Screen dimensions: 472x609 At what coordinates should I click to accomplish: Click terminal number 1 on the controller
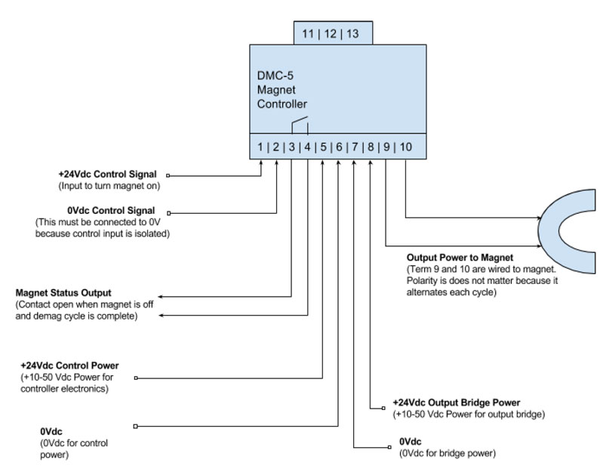point(260,147)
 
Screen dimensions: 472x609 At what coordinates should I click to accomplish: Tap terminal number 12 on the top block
point(331,34)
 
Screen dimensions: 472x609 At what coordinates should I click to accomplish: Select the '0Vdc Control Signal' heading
point(111,211)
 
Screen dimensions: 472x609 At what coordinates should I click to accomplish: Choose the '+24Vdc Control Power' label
point(72,366)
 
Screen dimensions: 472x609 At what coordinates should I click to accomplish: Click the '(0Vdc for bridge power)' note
point(447,453)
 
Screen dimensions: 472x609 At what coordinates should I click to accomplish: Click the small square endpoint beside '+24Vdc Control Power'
point(136,378)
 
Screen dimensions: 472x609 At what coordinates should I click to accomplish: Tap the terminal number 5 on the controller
point(323,147)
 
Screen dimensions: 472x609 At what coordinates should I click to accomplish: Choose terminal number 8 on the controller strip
point(371,147)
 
